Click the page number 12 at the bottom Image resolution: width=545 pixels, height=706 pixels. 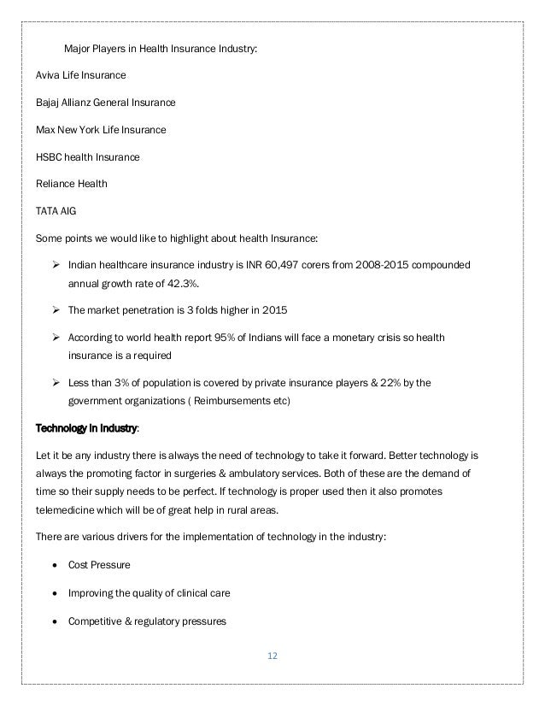pos(272,656)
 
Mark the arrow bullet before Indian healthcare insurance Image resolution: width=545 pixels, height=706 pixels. pos(56,267)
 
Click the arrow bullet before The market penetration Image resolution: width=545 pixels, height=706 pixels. pos(56,311)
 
